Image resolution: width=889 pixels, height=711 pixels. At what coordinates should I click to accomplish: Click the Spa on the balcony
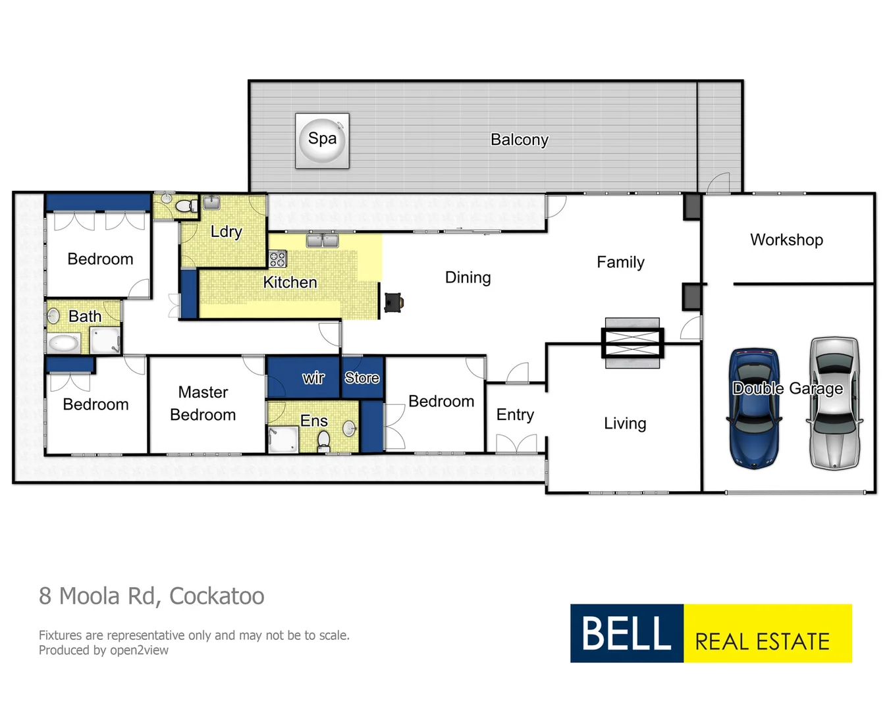coord(322,140)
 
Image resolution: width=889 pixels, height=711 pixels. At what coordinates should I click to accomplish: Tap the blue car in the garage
coord(754,408)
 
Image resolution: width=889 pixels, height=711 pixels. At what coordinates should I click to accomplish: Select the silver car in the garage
coord(834,404)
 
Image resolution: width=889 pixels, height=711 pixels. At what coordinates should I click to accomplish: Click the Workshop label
coord(786,240)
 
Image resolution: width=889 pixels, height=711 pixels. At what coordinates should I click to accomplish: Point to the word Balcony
coord(519,140)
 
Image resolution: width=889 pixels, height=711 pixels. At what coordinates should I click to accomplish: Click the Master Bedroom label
coord(203,404)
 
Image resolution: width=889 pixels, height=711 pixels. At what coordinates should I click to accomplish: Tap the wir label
coord(313,378)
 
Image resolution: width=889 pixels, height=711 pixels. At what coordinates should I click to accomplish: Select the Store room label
coord(362,378)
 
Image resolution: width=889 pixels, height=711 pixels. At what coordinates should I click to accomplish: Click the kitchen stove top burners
coord(278,258)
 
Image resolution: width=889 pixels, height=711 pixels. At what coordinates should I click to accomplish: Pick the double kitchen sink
coord(322,240)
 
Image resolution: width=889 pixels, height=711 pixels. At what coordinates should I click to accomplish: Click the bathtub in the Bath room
coord(64,343)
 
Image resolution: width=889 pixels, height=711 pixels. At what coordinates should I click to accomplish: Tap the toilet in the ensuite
coord(323,440)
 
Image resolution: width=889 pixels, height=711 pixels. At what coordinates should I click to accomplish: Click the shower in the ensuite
coord(282,440)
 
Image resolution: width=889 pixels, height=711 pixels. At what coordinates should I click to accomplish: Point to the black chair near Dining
coord(394,302)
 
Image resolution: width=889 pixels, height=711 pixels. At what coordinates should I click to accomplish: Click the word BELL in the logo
coord(626,633)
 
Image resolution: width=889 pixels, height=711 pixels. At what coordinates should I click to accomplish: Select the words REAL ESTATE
coord(762,641)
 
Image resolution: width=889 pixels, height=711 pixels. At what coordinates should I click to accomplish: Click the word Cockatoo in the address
coord(217,596)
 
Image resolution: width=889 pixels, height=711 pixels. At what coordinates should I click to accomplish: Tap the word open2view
coord(139,650)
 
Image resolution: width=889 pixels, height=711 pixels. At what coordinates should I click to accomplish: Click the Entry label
coord(515,415)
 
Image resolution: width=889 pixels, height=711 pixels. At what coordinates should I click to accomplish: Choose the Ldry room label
coord(226,232)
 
